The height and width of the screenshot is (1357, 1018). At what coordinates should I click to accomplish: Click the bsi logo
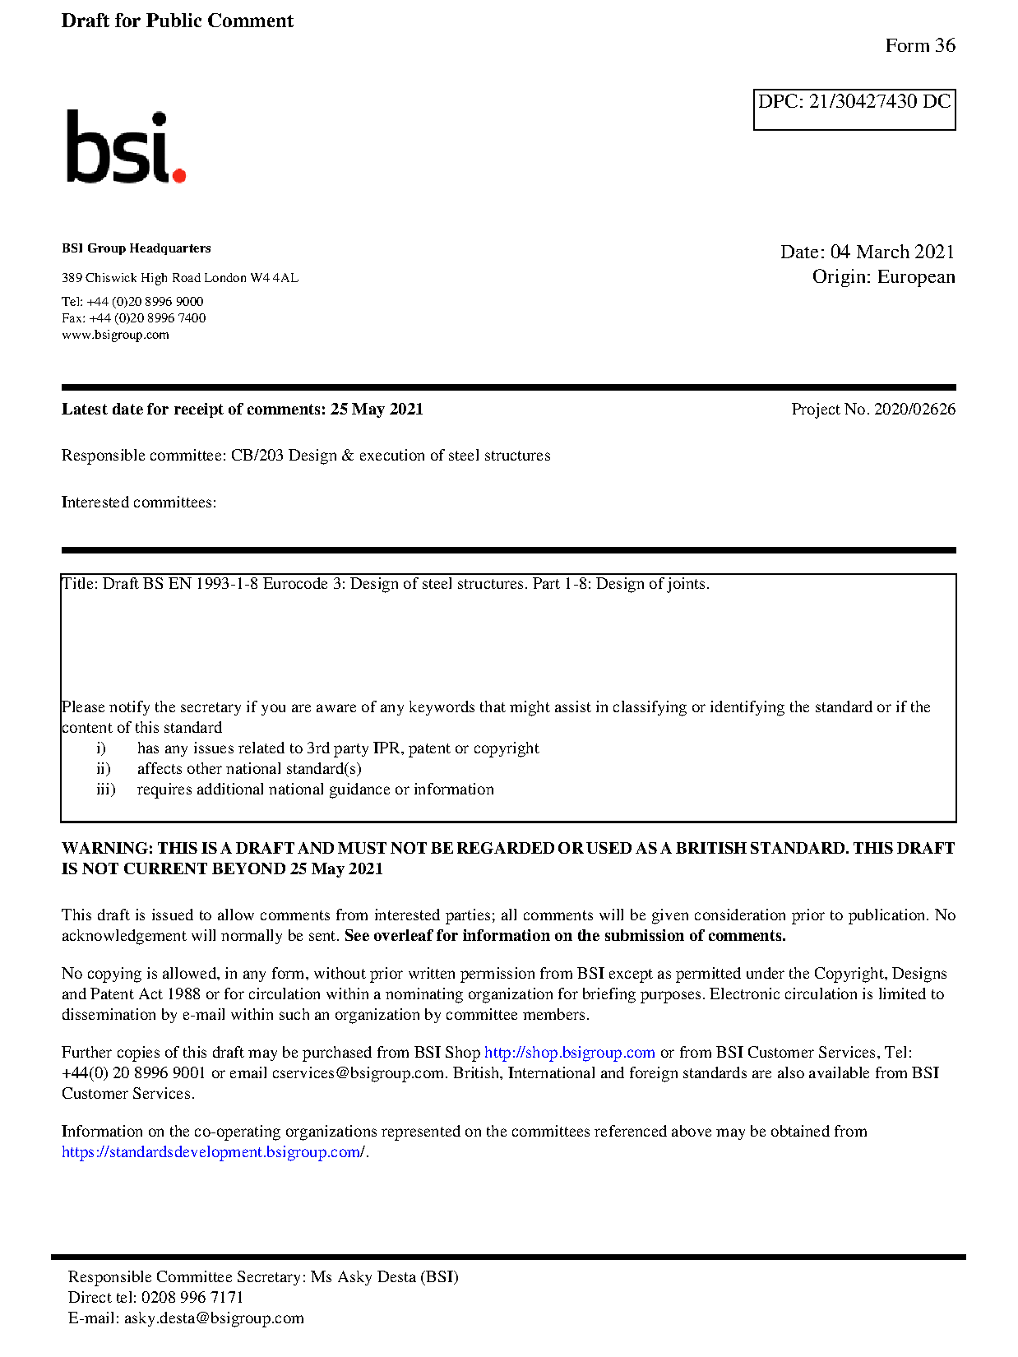pos(125,147)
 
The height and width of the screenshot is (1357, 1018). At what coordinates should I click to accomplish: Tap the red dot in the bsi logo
pos(178,174)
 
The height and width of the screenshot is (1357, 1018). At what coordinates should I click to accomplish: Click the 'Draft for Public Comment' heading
pos(177,21)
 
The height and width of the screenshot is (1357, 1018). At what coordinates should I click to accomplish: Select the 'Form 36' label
pos(919,45)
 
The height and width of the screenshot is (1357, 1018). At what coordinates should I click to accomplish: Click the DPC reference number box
pos(854,109)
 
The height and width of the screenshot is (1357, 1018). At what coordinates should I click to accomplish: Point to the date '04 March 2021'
pos(891,252)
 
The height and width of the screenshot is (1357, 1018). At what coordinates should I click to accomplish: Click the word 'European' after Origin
pos(915,276)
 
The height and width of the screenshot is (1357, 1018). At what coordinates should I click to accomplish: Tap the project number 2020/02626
pos(914,409)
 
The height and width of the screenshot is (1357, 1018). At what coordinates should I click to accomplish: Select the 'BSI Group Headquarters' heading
pos(136,248)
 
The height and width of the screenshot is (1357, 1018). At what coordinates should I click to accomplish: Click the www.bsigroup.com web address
pos(115,335)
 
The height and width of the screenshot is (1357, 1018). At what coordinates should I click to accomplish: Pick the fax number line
pos(133,318)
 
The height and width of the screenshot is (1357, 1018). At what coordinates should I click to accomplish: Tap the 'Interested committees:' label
pos(138,503)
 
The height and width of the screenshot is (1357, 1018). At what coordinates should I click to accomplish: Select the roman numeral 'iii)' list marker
pos(105,790)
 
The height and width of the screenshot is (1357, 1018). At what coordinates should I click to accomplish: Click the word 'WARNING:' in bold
pos(107,848)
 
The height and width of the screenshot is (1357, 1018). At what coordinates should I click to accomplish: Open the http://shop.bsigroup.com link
pos(569,1053)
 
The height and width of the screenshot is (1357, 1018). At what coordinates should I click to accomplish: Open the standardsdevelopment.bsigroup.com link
pos(212,1152)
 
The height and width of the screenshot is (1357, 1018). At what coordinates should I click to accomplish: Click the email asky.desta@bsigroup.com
pos(214,1318)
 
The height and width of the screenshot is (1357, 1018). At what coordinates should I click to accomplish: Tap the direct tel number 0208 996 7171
pos(192,1298)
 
